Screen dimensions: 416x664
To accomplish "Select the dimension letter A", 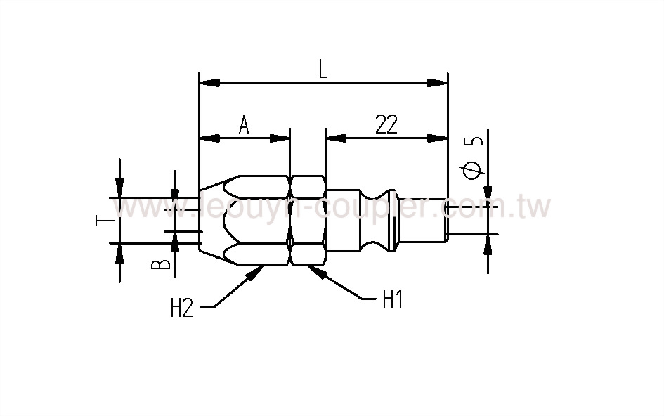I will click(244, 125).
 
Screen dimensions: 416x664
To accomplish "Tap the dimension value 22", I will click(386, 125).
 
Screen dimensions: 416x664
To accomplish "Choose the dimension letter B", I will click(161, 264).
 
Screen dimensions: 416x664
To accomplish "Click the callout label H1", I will click(392, 301).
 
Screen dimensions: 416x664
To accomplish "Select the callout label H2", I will click(181, 308).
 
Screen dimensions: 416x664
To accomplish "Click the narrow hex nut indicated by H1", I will click(307, 220).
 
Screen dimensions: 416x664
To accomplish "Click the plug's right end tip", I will click(445, 220).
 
